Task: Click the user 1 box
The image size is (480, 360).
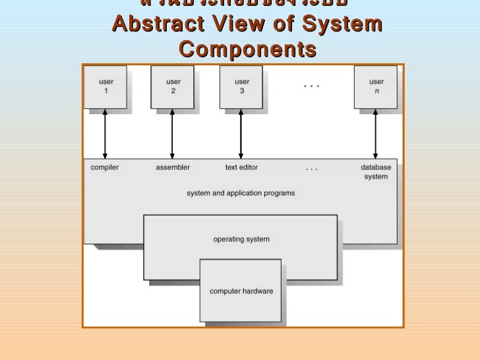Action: (105, 86)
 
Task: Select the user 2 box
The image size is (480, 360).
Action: (173, 86)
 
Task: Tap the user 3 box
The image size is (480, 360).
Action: (241, 86)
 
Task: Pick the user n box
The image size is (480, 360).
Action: (376, 86)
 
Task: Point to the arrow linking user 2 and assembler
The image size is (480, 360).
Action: (173, 134)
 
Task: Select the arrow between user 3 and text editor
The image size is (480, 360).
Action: (241, 134)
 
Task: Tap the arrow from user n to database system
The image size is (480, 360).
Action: (376, 134)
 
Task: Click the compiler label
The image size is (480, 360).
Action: (105, 167)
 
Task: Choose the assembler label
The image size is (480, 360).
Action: (173, 167)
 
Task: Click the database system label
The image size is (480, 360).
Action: (376, 172)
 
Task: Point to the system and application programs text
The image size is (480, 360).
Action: (241, 193)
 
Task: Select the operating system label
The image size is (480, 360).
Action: (241, 239)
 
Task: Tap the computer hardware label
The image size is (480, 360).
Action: (241, 291)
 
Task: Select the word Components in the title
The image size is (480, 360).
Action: (247, 49)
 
